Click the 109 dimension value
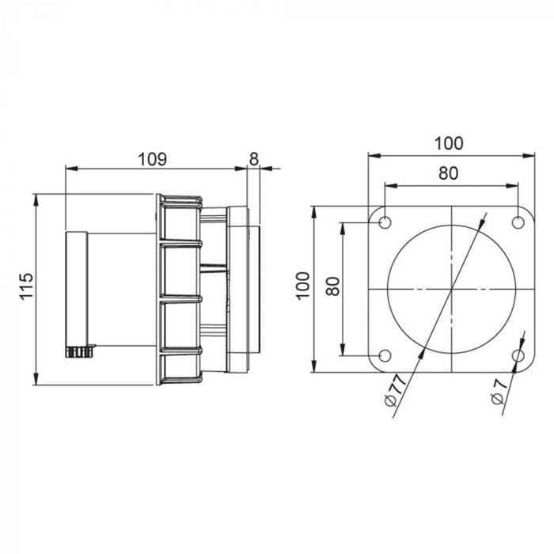pyautogui.click(x=152, y=159)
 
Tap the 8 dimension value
pyautogui.click(x=253, y=159)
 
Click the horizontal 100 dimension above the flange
pyautogui.click(x=449, y=143)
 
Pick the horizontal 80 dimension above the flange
pyautogui.click(x=449, y=174)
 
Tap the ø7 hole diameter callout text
pyautogui.click(x=499, y=393)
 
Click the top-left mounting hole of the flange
pyautogui.click(x=385, y=222)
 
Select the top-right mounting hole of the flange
pyautogui.click(x=518, y=222)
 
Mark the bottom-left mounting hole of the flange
pyautogui.click(x=385, y=356)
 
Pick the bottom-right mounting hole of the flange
pyautogui.click(x=518, y=356)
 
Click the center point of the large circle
pyautogui.click(x=451, y=290)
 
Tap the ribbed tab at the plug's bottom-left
pyautogui.click(x=79, y=351)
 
